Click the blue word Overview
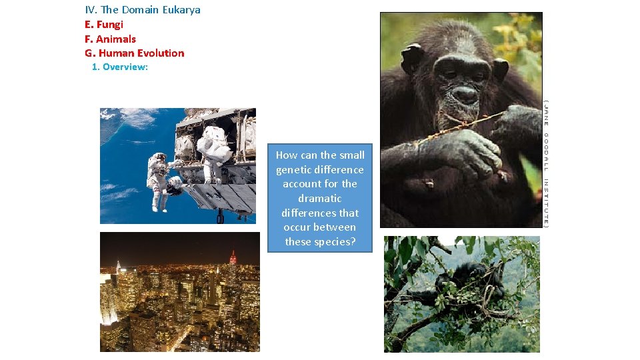click(x=125, y=67)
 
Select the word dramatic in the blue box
click(x=320, y=199)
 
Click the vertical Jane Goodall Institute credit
click(x=546, y=163)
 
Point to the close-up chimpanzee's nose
click(x=465, y=95)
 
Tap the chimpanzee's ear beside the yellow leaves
click(x=498, y=67)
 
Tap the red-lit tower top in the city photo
click(x=233, y=256)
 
